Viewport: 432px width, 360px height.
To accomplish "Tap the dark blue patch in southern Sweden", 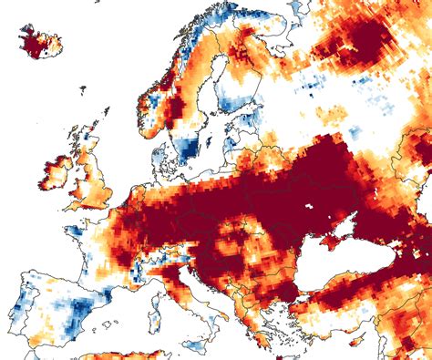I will (188, 146).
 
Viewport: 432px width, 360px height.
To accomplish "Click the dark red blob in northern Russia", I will (365, 41).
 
